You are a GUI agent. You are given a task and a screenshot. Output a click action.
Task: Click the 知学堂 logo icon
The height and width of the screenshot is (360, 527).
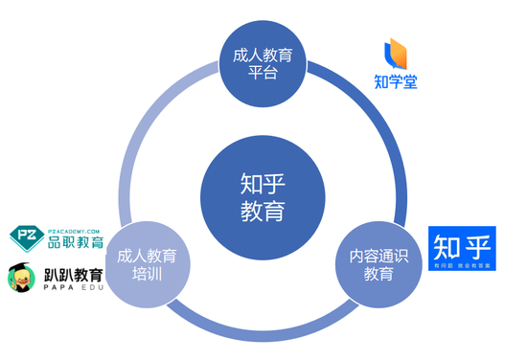[395, 55]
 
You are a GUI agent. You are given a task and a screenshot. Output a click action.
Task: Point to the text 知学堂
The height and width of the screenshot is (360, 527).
[396, 81]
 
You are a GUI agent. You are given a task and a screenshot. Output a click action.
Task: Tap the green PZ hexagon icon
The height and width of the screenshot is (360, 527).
[27, 236]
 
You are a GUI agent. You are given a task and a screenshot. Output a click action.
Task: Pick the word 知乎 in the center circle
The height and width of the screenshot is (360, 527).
[263, 183]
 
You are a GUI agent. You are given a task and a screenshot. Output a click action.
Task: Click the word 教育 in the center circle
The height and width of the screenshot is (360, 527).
[263, 210]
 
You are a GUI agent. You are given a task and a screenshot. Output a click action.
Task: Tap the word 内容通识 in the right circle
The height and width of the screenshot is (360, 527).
[378, 256]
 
